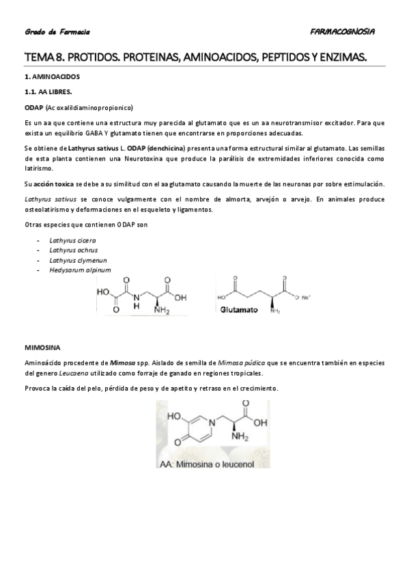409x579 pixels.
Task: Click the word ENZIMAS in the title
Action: pos(341,59)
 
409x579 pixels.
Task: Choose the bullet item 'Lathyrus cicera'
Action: pos(72,240)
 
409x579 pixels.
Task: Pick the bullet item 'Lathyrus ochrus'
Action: pos(73,250)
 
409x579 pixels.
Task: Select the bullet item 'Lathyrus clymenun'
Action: pos(77,260)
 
